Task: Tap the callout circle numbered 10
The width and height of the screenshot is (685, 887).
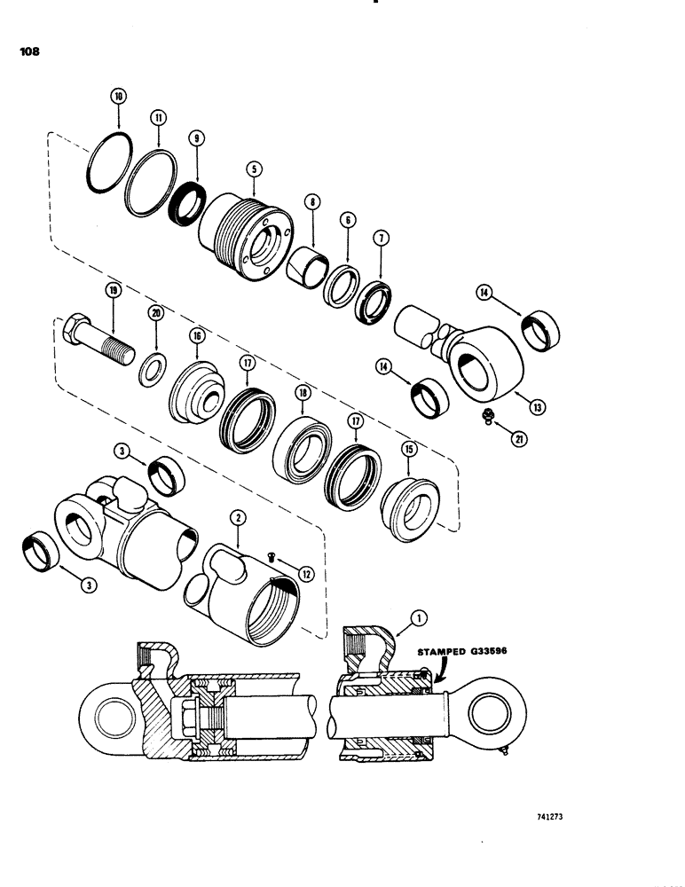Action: click(117, 95)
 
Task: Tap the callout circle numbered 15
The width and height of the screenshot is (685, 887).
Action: click(410, 450)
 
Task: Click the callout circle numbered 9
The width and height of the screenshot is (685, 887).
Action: click(196, 137)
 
